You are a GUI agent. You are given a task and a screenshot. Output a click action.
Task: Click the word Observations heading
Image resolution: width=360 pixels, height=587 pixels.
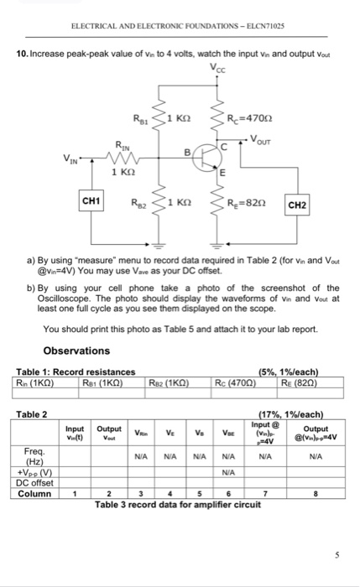pyautogui.click(x=76, y=350)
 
